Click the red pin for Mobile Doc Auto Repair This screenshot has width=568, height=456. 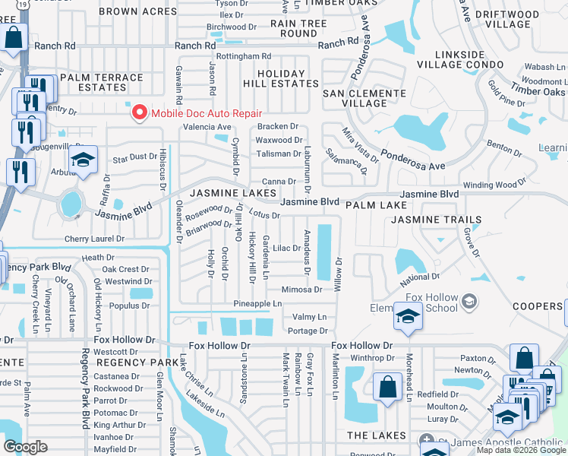(x=140, y=112)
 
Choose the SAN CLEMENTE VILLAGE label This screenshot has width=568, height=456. (x=364, y=98)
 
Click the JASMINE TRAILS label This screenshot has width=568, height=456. (x=436, y=220)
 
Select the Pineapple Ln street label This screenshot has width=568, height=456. (x=257, y=303)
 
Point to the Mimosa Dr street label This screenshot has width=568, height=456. (x=301, y=290)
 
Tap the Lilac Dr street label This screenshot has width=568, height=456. (x=287, y=248)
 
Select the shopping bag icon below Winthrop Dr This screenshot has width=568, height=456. (x=387, y=385)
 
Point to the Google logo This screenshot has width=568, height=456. (x=25, y=447)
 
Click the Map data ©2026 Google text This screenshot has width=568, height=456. (x=521, y=450)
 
